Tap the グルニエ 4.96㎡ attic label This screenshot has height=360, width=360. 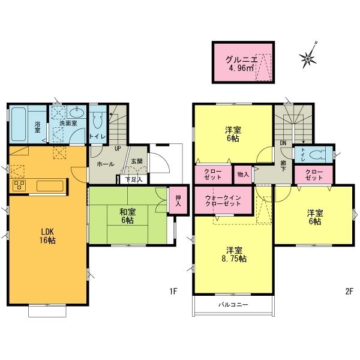pyautogui.click(x=242, y=64)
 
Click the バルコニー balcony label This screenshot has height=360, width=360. pyautogui.click(x=233, y=305)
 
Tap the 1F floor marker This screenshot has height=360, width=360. pyautogui.click(x=173, y=292)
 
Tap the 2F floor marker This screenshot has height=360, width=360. pyautogui.click(x=349, y=292)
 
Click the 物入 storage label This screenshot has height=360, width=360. pyautogui.click(x=243, y=174)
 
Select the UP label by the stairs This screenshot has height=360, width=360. pyautogui.click(x=118, y=148)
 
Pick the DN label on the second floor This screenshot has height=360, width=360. pyautogui.click(x=282, y=143)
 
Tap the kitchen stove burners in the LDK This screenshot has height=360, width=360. pyautogui.click(x=17, y=185)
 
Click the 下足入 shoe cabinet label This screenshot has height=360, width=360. pyautogui.click(x=133, y=179)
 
